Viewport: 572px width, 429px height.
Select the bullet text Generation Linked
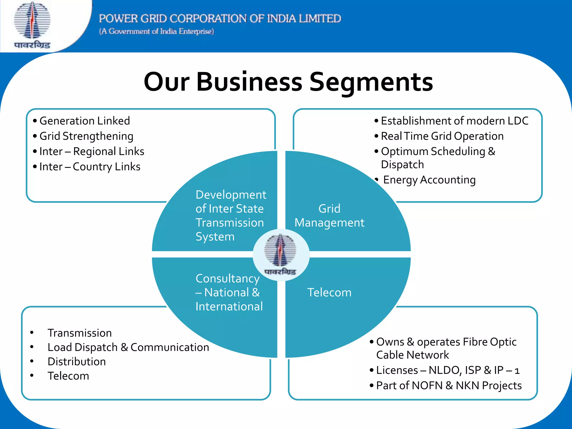point(85,121)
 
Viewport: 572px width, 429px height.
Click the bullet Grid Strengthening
point(86,136)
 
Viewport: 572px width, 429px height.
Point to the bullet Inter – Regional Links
point(92,151)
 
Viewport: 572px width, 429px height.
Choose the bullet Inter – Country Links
point(90,167)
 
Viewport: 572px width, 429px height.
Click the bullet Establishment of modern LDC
point(454,121)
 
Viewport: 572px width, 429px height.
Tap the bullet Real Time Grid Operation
point(442,136)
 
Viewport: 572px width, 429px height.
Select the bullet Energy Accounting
point(429,180)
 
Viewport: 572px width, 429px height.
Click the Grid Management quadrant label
point(329,216)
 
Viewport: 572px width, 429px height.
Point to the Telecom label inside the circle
point(329,292)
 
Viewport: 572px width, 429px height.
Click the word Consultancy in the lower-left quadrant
point(228,278)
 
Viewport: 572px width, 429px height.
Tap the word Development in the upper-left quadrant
point(231,195)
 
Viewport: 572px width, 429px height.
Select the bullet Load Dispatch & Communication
point(128,347)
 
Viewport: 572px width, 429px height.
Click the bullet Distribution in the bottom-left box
point(77,361)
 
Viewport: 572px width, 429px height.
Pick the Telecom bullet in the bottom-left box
point(68,376)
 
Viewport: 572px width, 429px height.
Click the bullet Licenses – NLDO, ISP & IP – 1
point(448,370)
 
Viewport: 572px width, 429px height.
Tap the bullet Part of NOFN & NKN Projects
point(449,386)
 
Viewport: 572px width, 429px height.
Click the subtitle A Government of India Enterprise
point(156,31)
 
